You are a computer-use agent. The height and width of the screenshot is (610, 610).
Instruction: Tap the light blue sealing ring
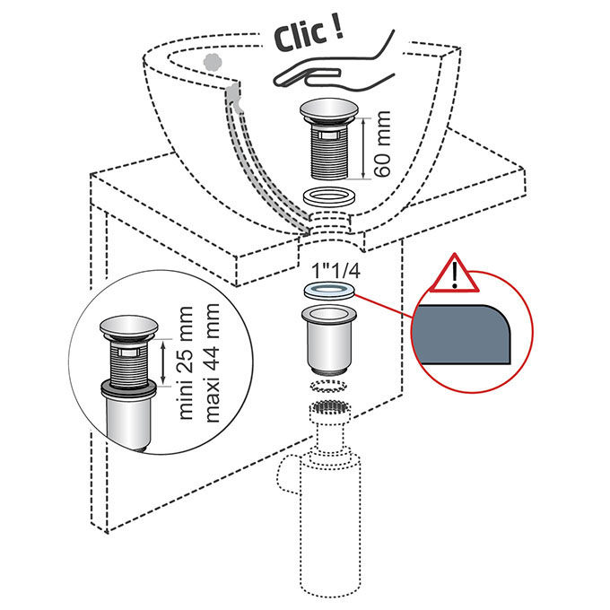(x=329, y=291)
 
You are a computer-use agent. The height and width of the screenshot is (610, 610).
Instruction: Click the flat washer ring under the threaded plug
(x=328, y=196)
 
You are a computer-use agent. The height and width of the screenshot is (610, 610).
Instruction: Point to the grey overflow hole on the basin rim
(x=213, y=62)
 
